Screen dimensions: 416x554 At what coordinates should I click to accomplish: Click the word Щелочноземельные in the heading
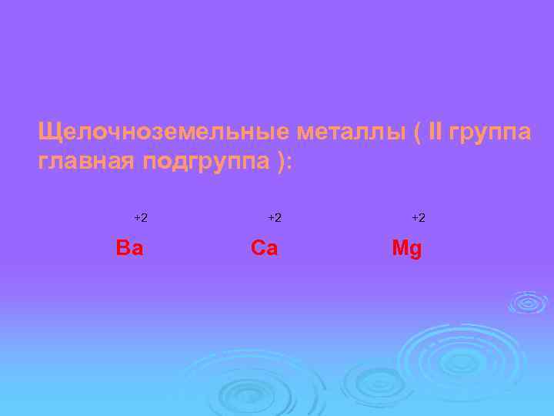click(x=163, y=131)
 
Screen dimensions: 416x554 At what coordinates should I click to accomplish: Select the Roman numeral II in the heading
click(x=436, y=131)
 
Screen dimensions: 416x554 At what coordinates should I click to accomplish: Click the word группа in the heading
click(x=493, y=133)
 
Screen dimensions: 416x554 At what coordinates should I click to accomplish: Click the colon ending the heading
click(x=289, y=164)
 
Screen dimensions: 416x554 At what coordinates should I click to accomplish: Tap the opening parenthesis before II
click(x=417, y=132)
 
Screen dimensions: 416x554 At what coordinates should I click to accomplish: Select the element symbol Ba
click(x=129, y=248)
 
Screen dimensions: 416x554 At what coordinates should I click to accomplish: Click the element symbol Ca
click(x=264, y=248)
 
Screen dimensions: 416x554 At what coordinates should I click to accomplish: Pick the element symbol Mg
click(x=406, y=249)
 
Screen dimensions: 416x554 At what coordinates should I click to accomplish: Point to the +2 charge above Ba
click(x=141, y=217)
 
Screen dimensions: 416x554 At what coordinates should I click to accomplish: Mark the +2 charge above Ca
click(x=275, y=217)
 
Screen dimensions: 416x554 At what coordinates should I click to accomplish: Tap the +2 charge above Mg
click(x=419, y=217)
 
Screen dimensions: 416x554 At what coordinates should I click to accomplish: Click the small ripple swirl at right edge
click(x=528, y=302)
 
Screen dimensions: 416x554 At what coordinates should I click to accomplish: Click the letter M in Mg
click(x=400, y=248)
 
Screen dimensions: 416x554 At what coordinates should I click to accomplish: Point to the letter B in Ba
click(x=123, y=248)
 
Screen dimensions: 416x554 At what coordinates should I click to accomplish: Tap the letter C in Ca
click(x=258, y=248)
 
